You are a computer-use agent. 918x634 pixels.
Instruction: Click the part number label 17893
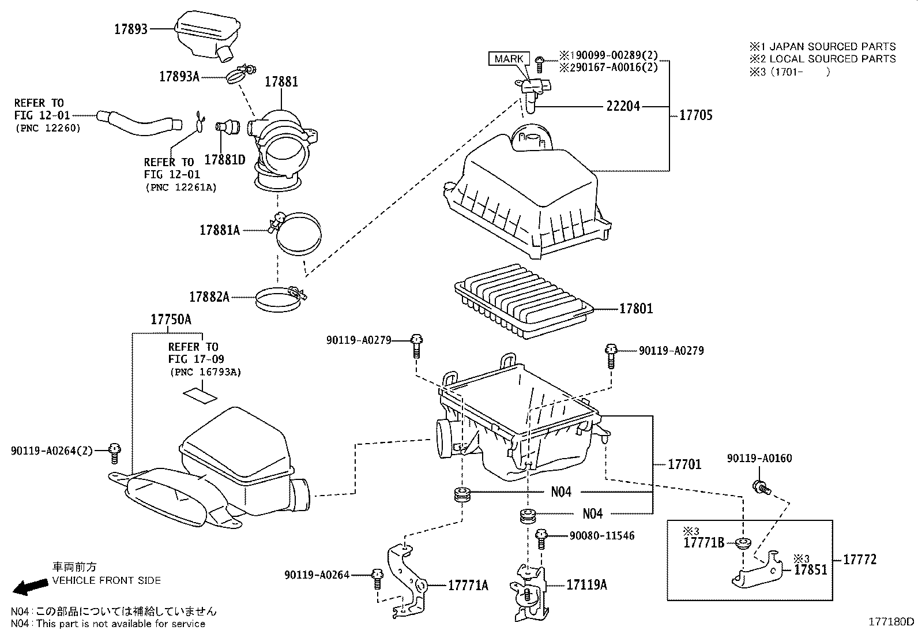[x=131, y=29]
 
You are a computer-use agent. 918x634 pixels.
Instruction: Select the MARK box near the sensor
[x=509, y=59]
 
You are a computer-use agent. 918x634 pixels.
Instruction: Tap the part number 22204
[x=623, y=106]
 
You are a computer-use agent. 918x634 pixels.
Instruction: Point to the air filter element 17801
[x=525, y=301]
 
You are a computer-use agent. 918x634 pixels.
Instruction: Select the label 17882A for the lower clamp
[x=209, y=297]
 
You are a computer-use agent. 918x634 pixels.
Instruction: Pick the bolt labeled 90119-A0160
[x=761, y=487]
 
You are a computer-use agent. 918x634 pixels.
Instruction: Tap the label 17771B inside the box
[x=703, y=543]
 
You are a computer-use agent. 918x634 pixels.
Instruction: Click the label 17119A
[x=586, y=584]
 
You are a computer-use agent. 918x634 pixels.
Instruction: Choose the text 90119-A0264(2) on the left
[x=51, y=450]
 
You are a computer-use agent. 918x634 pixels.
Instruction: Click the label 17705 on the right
[x=695, y=115]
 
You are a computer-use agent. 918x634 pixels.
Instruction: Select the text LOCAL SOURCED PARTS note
[x=822, y=59]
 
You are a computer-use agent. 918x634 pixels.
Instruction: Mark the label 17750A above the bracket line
[x=171, y=320]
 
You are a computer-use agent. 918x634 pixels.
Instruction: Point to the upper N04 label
[x=561, y=492]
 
